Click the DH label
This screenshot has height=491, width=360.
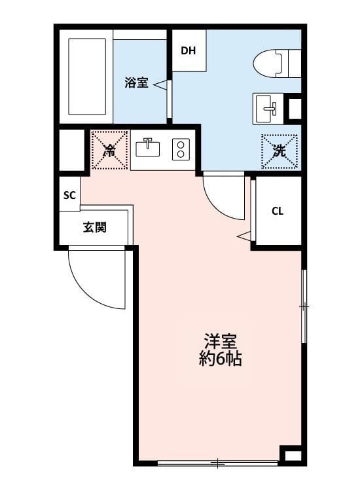[x=189, y=50]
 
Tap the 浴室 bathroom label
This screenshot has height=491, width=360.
[x=136, y=83]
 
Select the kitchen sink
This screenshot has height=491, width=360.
[x=148, y=148]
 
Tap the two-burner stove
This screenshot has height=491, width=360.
[x=180, y=149]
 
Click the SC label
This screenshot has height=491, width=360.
[x=69, y=195]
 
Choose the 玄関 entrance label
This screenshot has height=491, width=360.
[x=96, y=228]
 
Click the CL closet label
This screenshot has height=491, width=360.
[x=278, y=211]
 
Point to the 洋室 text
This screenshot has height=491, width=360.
[x=220, y=342]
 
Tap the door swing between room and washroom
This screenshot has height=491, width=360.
[x=223, y=197]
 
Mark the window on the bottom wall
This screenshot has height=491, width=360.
[x=218, y=464]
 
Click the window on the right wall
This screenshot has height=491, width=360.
[x=303, y=306]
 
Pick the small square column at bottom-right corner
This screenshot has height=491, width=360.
[x=292, y=454]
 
